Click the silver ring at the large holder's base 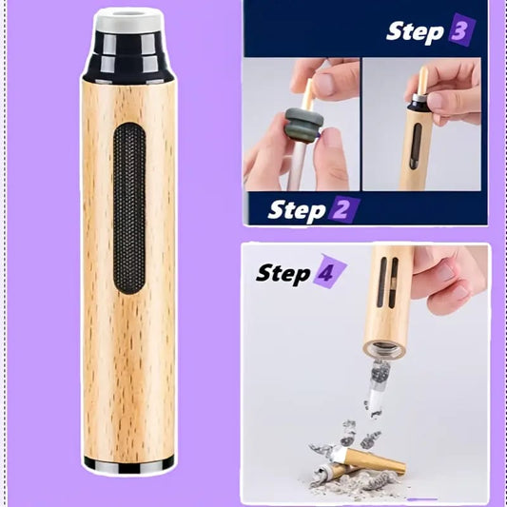click(x=128, y=464)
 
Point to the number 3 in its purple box click(x=458, y=29)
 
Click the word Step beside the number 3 click(x=414, y=30)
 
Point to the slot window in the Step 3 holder click(x=414, y=148)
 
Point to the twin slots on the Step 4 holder click(x=387, y=282)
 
